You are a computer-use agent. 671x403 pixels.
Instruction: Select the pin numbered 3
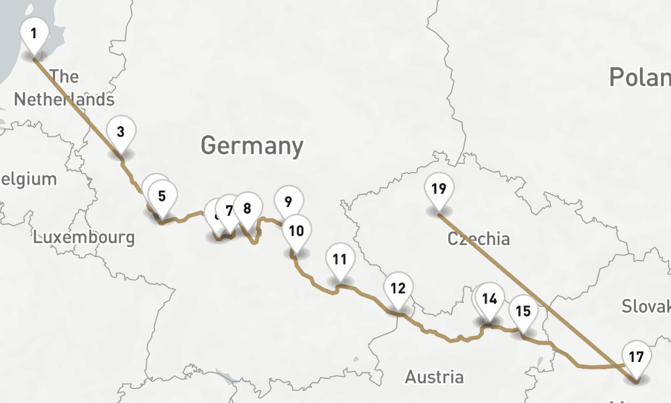click(120, 132)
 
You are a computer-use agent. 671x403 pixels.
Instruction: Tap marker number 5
click(162, 197)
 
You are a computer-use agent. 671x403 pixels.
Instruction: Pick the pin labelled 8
click(247, 209)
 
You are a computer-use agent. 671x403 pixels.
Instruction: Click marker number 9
click(288, 201)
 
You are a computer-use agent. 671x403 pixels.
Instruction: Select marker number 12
click(398, 289)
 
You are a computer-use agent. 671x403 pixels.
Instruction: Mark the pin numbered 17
click(636, 357)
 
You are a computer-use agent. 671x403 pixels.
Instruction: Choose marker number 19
click(438, 189)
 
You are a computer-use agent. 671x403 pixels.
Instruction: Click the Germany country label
click(252, 146)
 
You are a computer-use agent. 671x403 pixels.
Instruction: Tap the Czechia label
click(478, 238)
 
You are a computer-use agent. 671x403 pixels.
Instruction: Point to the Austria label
click(434, 377)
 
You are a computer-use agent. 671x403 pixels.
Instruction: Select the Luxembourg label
click(84, 237)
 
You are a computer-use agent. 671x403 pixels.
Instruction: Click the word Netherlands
click(64, 99)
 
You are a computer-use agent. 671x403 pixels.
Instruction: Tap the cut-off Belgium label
click(28, 179)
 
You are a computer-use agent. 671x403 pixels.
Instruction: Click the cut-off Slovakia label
click(646, 306)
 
